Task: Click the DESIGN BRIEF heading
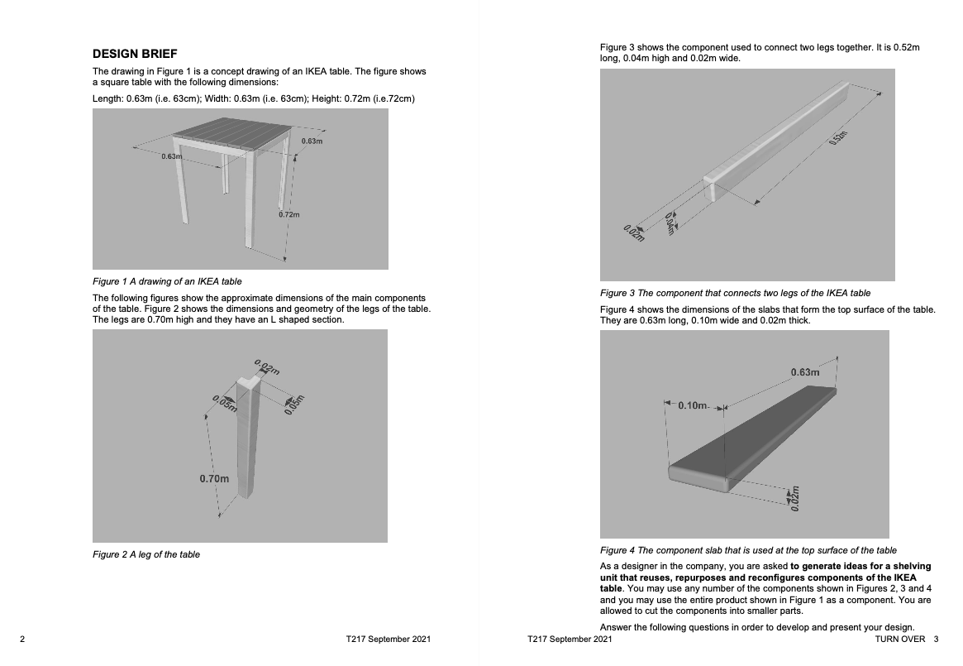[x=135, y=54]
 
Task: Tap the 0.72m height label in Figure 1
[x=288, y=214]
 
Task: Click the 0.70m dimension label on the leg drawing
[x=213, y=479]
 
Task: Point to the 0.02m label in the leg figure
[x=267, y=367]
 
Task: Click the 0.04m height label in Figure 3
[x=670, y=223]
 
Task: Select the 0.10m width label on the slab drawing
[x=693, y=405]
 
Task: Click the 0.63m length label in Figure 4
[x=804, y=372]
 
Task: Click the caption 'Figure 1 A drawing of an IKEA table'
[x=167, y=281]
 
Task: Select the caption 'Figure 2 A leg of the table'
[x=146, y=554]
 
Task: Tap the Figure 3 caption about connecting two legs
[x=735, y=293]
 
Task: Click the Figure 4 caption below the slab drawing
[x=747, y=550]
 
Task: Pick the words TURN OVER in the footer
[x=899, y=640]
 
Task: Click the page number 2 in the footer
[x=22, y=640]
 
